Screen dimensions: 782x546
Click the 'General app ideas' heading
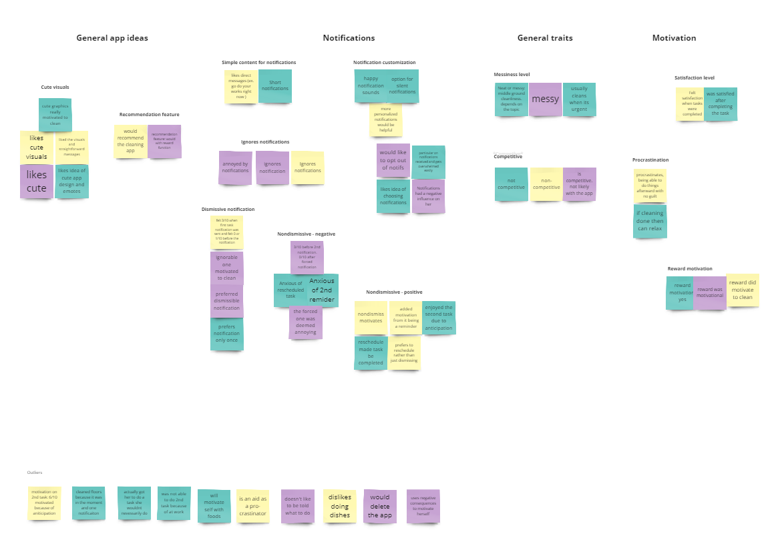[112, 38]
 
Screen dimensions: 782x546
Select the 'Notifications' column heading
[349, 38]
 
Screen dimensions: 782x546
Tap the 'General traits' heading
[545, 38]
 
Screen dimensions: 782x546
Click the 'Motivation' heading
[674, 38]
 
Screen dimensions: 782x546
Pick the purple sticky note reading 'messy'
[545, 99]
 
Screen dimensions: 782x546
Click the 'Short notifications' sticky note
[274, 86]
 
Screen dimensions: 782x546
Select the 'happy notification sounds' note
[371, 86]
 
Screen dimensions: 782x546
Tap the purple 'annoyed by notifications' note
[236, 168]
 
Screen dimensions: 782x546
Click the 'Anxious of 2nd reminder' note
[322, 290]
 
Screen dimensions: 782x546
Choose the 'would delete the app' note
[380, 506]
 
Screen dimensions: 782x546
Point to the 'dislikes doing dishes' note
[340, 506]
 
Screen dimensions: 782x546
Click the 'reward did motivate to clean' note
[743, 290]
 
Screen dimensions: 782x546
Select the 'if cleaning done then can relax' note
[650, 221]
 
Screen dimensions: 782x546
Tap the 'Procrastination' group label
[650, 160]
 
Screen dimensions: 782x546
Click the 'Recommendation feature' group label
[149, 115]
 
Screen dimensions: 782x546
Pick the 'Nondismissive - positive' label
[394, 292]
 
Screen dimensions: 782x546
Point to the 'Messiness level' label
[512, 75]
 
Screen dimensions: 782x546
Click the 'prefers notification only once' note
[227, 334]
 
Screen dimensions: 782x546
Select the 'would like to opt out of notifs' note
[393, 160]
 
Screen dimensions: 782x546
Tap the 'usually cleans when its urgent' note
[579, 99]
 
